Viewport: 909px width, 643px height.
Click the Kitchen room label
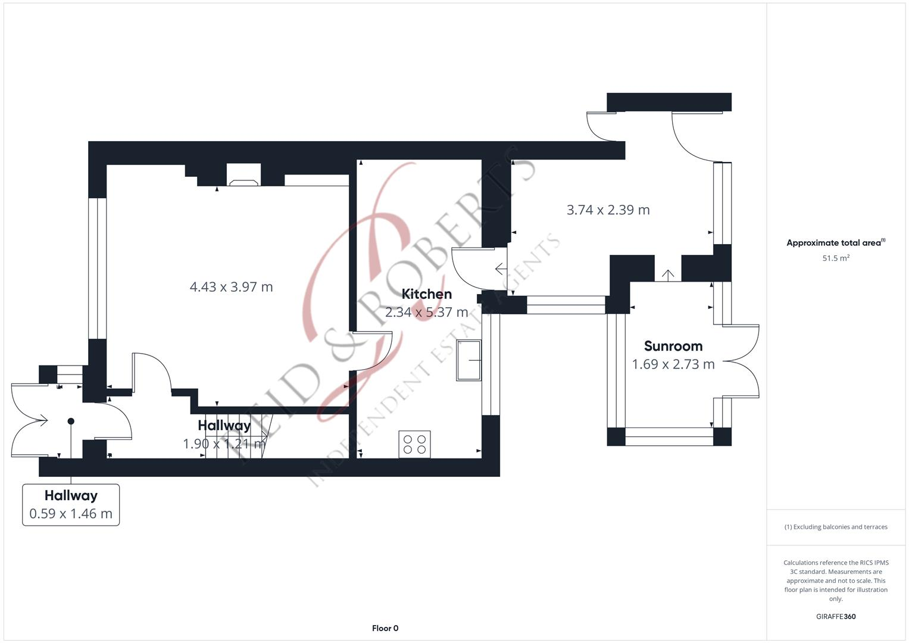pyautogui.click(x=426, y=294)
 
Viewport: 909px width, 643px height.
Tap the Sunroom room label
pyautogui.click(x=673, y=347)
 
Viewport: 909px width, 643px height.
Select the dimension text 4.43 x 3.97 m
pyautogui.click(x=231, y=287)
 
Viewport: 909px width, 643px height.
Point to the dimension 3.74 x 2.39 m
pyautogui.click(x=608, y=210)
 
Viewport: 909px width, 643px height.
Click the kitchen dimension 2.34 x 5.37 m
pyautogui.click(x=426, y=312)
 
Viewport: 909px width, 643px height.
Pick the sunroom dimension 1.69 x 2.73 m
pyautogui.click(x=673, y=364)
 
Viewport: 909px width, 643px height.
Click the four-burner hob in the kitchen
pyautogui.click(x=414, y=444)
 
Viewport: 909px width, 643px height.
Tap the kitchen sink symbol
pyautogui.click(x=468, y=360)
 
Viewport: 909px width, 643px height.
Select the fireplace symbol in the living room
pyautogui.click(x=243, y=182)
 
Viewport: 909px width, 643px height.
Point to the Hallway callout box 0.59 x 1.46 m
pyautogui.click(x=71, y=505)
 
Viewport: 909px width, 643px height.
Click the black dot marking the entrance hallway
pyautogui.click(x=71, y=422)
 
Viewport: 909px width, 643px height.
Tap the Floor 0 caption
pyautogui.click(x=385, y=628)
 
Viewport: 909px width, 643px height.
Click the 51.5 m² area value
pyautogui.click(x=835, y=258)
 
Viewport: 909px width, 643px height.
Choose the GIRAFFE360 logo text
pyautogui.click(x=835, y=616)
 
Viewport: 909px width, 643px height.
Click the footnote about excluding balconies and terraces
pyautogui.click(x=835, y=527)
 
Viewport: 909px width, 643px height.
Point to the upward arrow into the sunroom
pyautogui.click(x=668, y=275)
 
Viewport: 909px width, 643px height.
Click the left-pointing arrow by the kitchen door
pyautogui.click(x=501, y=270)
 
